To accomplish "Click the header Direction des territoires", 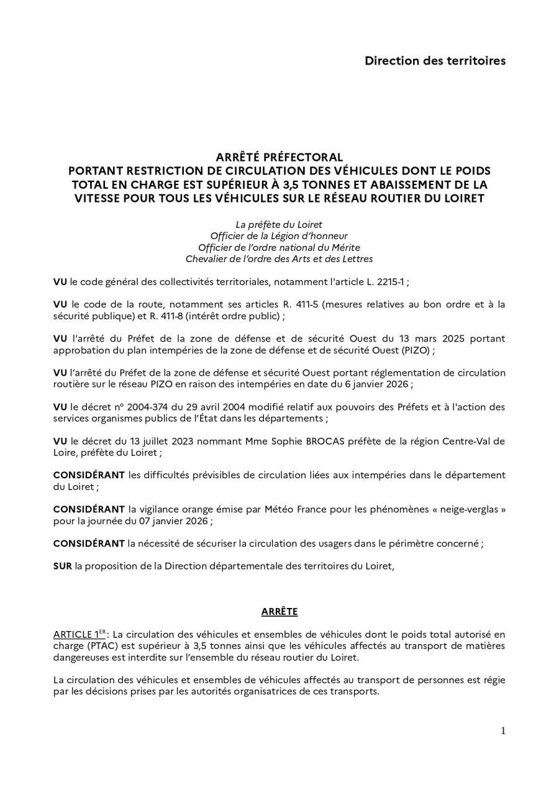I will (x=435, y=61).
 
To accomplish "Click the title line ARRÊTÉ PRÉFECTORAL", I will (x=279, y=157).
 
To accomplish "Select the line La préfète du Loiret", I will (x=279, y=224).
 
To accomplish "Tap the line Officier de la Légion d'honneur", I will (x=279, y=236).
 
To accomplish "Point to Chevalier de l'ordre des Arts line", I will (x=279, y=259).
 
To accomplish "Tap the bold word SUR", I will (x=62, y=566).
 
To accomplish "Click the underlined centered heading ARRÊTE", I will (x=279, y=612).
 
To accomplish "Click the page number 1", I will (x=503, y=731).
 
